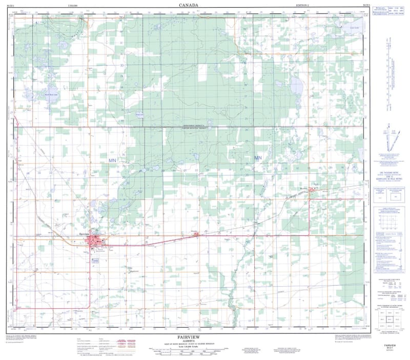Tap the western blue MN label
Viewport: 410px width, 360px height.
(x=113, y=161)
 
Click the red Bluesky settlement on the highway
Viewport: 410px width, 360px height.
(x=195, y=234)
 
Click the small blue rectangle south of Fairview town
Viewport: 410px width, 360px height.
(x=95, y=261)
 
